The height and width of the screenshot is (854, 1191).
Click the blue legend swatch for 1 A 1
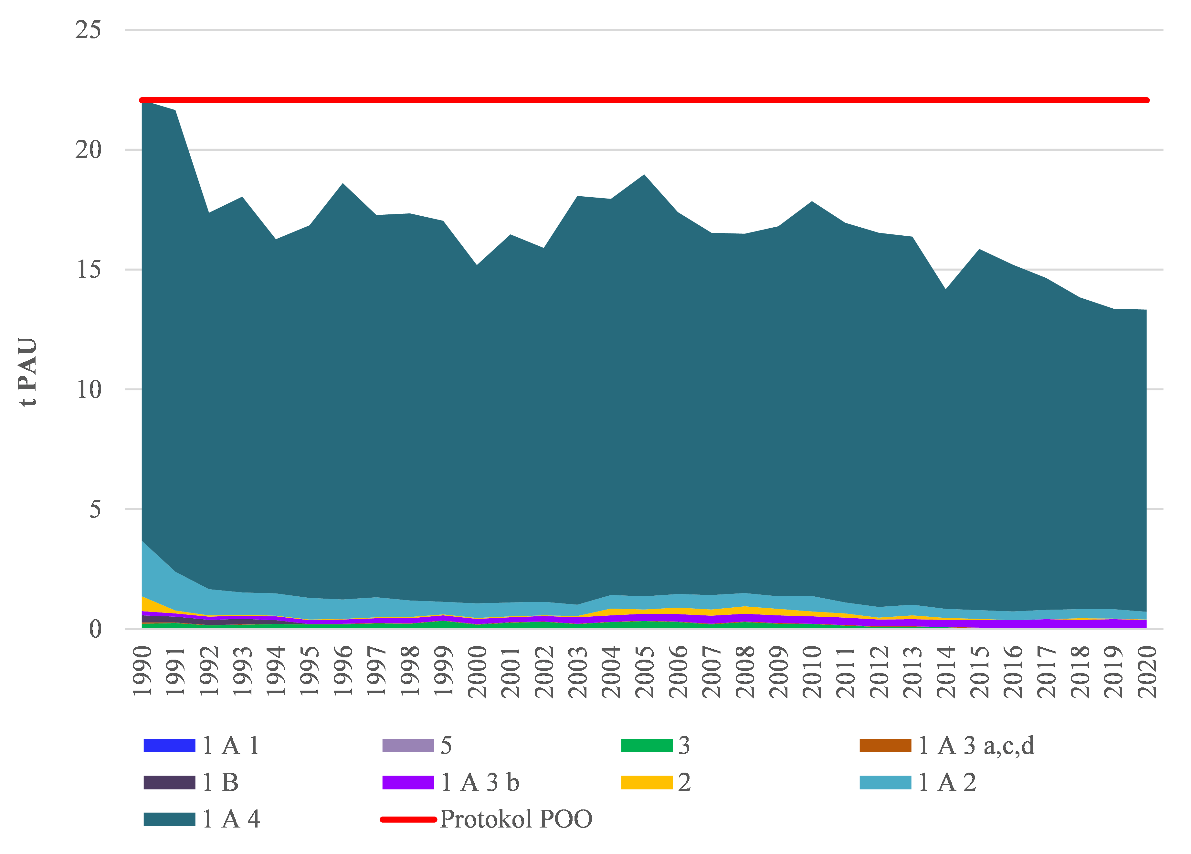tap(169, 745)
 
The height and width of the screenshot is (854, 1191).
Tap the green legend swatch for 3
tap(647, 745)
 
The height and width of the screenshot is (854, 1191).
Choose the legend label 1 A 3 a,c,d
tap(976, 745)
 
